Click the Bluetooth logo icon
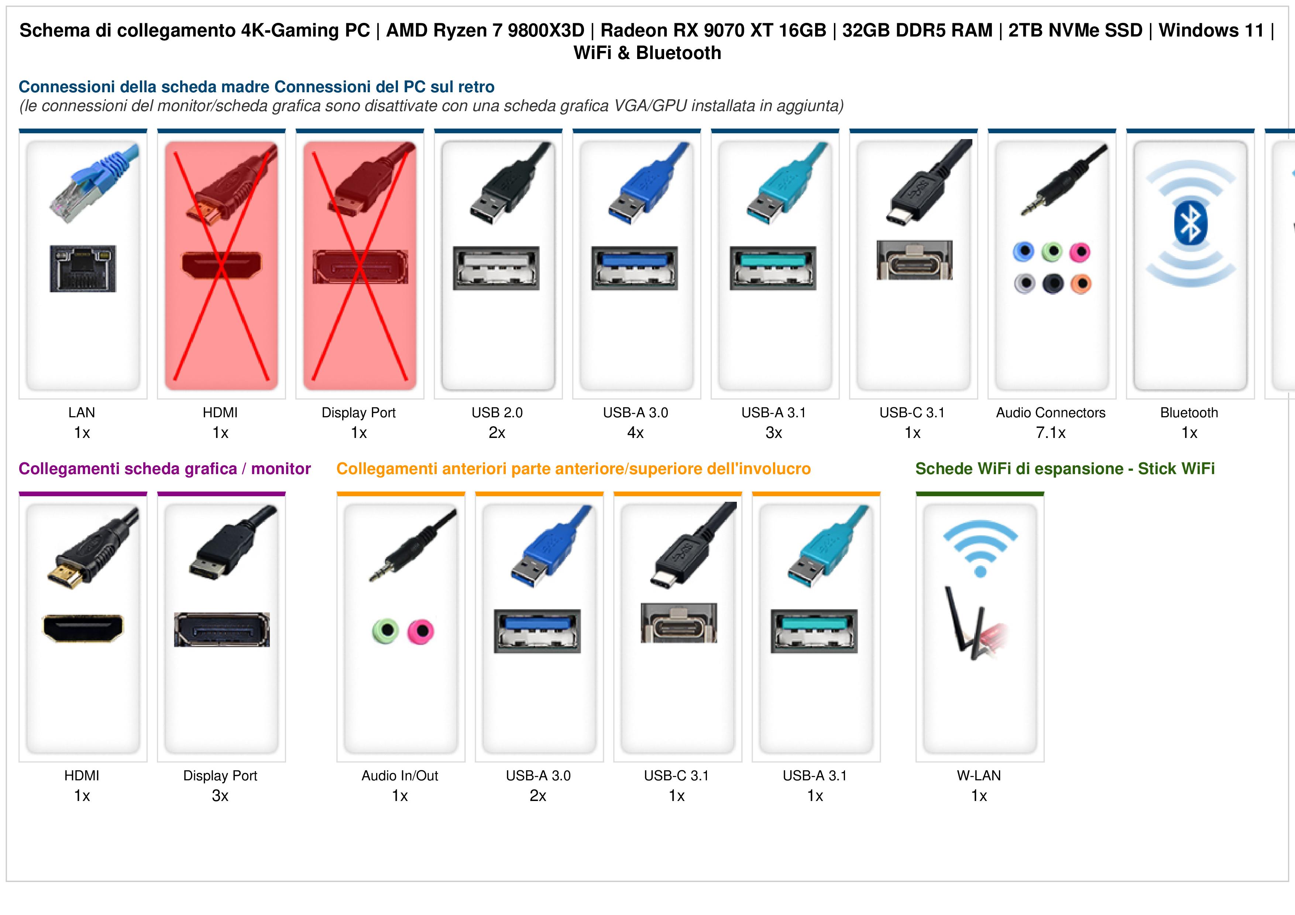coord(1190,223)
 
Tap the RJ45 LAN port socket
coord(83,268)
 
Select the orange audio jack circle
coord(1081,284)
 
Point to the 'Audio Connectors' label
coord(1051,413)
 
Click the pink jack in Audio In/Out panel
coord(421,631)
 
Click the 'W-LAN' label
coord(979,776)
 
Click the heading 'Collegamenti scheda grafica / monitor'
coord(165,469)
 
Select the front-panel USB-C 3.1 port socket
coord(679,623)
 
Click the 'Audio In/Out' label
coord(400,776)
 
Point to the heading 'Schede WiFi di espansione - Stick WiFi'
coord(1065,469)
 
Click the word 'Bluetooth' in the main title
coord(679,53)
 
